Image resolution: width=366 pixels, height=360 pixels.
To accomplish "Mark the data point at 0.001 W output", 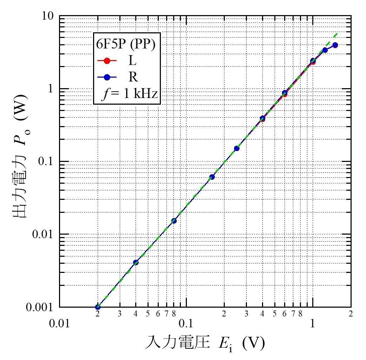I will (98, 307).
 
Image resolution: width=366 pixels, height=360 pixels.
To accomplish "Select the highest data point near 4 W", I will (335, 45).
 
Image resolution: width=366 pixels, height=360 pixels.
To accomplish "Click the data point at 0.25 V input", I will (237, 148).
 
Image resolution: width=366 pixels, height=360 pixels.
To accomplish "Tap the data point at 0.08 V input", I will (174, 221).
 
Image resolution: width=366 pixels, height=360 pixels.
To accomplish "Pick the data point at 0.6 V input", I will (285, 93).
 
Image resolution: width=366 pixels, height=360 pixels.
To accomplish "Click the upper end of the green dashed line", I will (338, 33).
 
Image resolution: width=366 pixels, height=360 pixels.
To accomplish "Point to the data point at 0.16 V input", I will (212, 177).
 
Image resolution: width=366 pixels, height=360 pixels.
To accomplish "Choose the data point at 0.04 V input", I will (136, 262).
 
